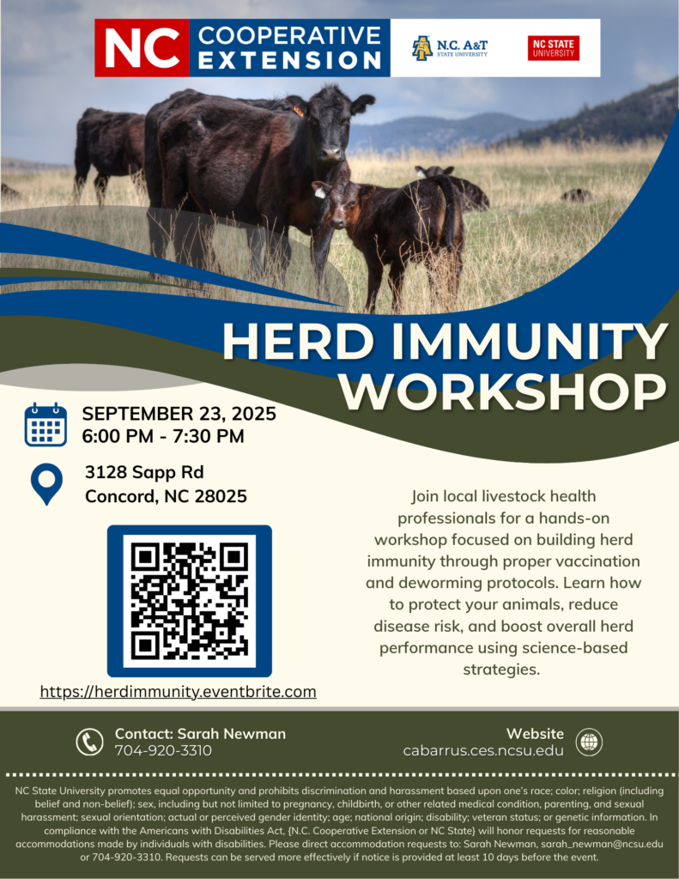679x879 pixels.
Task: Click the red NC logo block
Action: tap(141, 48)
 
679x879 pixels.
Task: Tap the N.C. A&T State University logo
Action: tap(449, 48)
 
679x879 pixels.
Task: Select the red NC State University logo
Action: tap(553, 48)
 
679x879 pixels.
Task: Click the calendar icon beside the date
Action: tap(45, 424)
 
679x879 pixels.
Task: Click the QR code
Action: tap(190, 601)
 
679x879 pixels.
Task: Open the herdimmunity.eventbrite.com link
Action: tap(179, 691)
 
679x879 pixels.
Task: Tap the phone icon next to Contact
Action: tap(89, 742)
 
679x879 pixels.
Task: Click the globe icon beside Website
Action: tap(589, 742)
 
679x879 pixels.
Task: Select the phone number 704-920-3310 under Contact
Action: tap(163, 750)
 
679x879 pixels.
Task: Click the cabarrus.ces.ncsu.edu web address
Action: tap(483, 750)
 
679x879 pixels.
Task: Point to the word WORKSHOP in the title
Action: tap(506, 391)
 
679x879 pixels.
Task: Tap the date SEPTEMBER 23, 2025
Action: tap(179, 414)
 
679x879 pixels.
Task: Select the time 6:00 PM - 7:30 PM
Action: tap(163, 436)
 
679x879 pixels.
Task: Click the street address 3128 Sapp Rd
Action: tap(144, 472)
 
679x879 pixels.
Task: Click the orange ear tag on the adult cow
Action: tap(298, 111)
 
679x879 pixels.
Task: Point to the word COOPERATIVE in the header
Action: tap(289, 36)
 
